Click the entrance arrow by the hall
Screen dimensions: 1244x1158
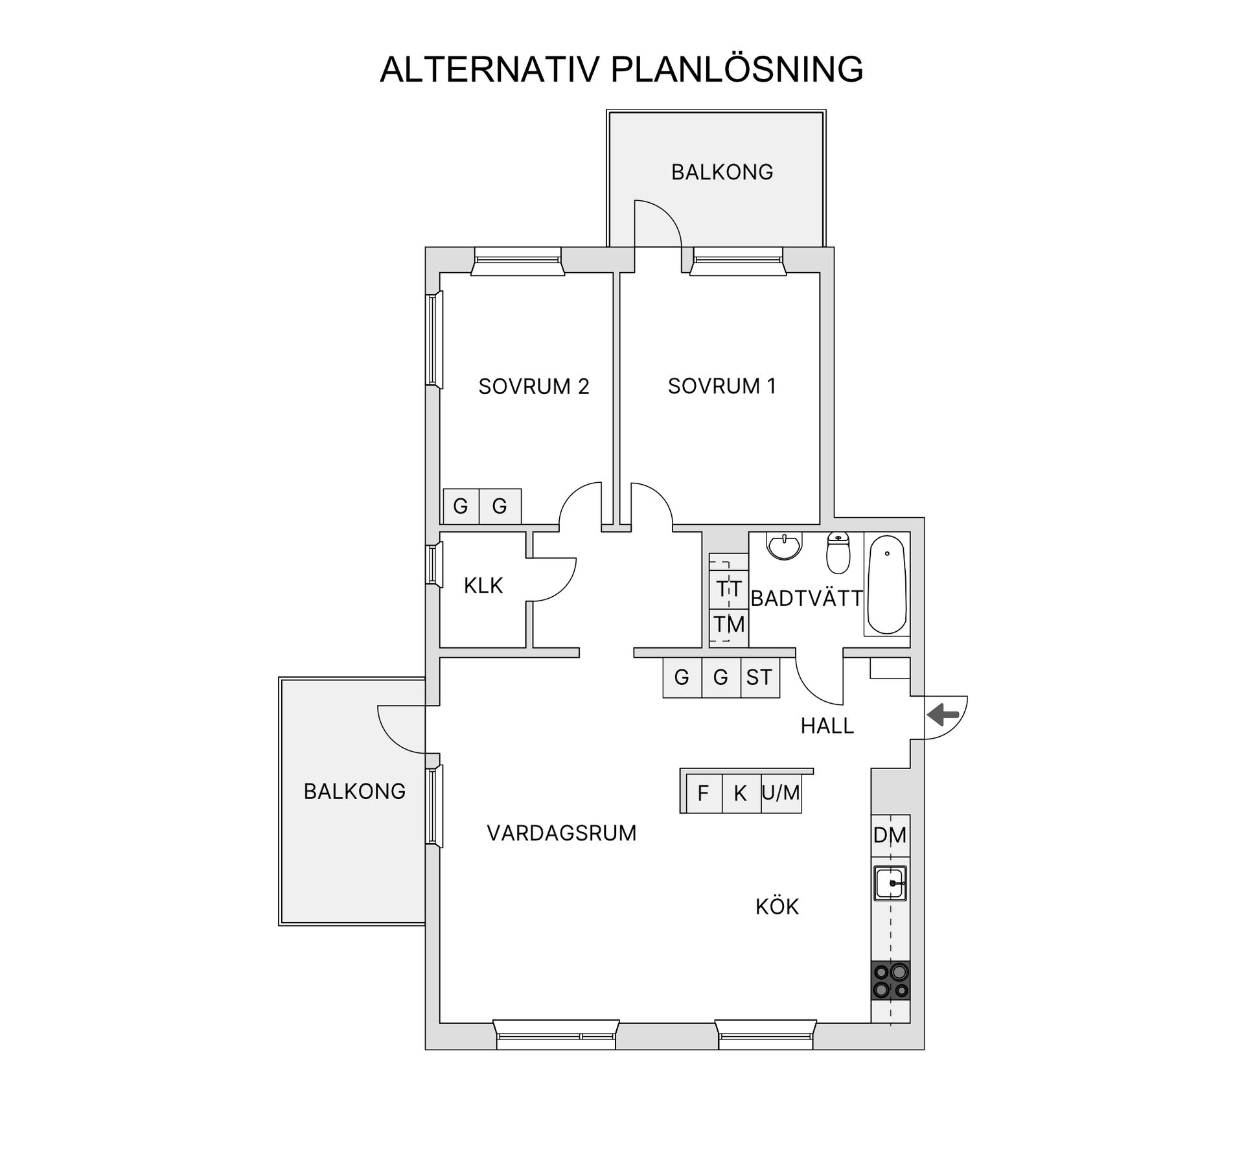[x=943, y=715]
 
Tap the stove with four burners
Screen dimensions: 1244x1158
[x=890, y=980]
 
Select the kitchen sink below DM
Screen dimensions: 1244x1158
[x=890, y=883]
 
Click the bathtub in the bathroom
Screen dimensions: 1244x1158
[x=887, y=584]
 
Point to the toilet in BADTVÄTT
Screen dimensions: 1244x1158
[x=838, y=553]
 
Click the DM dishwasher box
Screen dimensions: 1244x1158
[x=890, y=835]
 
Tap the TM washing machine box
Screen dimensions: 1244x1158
[x=729, y=625]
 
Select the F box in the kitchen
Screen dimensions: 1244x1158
[x=704, y=793]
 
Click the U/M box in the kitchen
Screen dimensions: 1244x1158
[x=781, y=793]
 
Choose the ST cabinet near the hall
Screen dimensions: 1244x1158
[x=759, y=677]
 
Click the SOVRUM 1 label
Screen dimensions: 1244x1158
[x=722, y=386]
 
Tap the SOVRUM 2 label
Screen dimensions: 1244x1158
[x=534, y=386]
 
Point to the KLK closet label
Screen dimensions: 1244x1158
[x=483, y=586]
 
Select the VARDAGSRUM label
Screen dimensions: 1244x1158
[x=562, y=833]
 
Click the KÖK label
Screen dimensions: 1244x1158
[x=777, y=906]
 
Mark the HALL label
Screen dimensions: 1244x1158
[x=827, y=726]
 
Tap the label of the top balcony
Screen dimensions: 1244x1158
[x=722, y=172]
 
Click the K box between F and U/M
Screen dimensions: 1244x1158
[x=741, y=793]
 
